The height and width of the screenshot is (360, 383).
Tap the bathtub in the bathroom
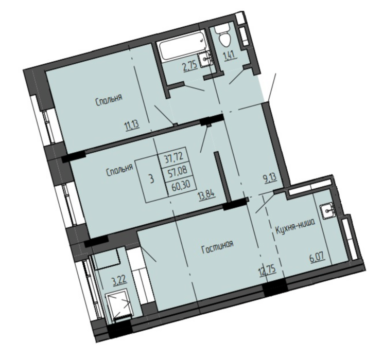tap(182, 46)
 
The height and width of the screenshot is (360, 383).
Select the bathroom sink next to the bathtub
tap(205, 59)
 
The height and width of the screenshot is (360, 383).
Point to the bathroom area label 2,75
tap(190, 66)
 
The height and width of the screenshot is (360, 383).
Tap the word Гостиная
tap(218, 247)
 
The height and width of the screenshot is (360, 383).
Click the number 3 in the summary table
tap(152, 179)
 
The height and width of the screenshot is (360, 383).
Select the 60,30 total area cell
tap(181, 184)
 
